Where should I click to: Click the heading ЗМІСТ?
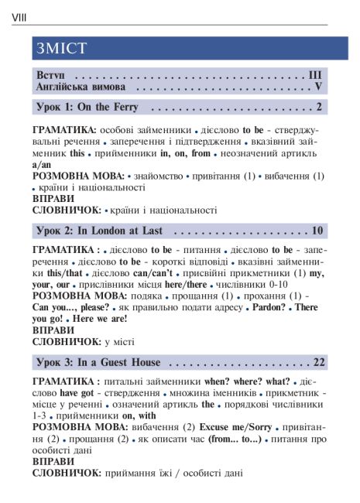click(x=61, y=49)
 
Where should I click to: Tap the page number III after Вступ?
click(x=314, y=75)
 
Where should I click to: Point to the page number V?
click(x=317, y=87)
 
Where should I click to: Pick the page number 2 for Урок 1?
click(x=318, y=107)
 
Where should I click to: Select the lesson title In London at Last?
click(x=120, y=231)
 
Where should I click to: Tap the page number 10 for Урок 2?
click(x=317, y=231)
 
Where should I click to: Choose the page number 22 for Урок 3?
click(x=317, y=362)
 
